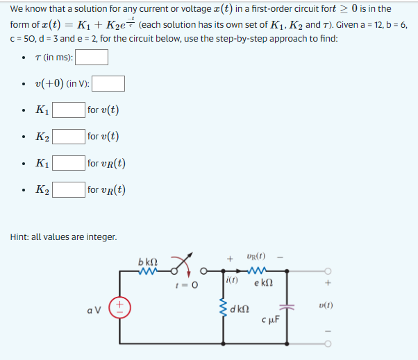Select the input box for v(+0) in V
pyautogui.click(x=108, y=84)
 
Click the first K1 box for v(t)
pyautogui.click(x=69, y=110)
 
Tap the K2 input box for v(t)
pyautogui.click(x=69, y=137)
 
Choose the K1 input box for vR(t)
pyautogui.click(x=69, y=164)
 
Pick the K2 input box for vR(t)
pyautogui.click(x=69, y=190)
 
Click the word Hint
pyautogui.click(x=20, y=238)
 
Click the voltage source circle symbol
pyautogui.click(x=119, y=307)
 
